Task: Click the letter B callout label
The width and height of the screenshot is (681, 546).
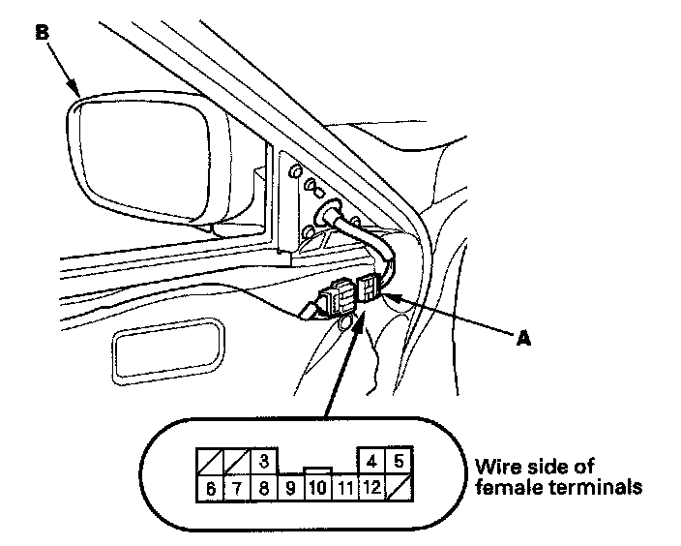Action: pos(42,31)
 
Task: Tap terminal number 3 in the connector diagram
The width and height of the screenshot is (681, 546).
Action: pos(263,460)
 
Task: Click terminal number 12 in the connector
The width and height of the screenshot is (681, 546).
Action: pos(372,486)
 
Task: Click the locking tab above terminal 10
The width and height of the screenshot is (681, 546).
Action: pos(318,470)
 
